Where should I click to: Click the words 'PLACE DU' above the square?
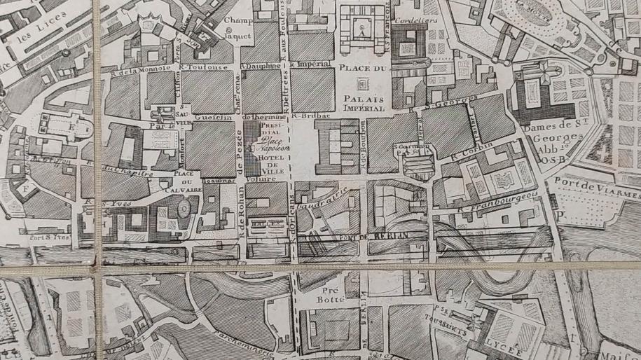361,68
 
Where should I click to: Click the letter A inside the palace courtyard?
360,32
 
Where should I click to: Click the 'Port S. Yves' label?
29,237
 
